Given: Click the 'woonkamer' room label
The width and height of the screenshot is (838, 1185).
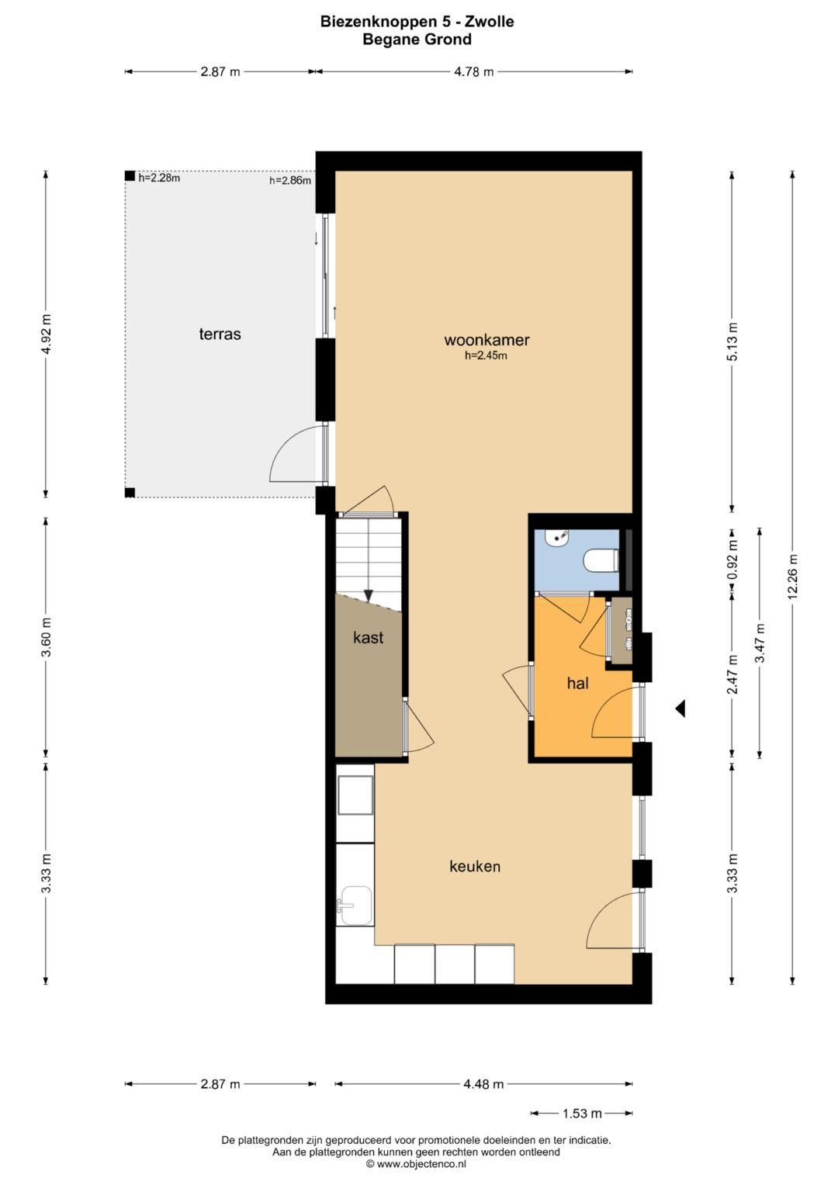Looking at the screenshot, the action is point(487,340).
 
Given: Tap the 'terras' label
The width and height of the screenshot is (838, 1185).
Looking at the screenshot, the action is point(220,334).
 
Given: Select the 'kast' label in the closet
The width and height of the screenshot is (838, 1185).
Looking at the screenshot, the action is point(369,637).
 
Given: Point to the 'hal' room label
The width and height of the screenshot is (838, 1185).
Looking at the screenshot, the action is point(578,683).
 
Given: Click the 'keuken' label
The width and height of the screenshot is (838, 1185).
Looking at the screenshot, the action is point(475,866).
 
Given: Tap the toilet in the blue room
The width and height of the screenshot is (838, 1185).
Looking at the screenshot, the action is point(601,561).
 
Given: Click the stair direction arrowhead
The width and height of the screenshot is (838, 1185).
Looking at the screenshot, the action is point(369,596).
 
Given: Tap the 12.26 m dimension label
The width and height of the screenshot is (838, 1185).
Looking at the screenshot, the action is point(792,577).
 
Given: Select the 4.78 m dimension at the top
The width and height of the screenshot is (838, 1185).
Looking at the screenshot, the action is point(473,72).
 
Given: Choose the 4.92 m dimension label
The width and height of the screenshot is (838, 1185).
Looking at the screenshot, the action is point(47,334).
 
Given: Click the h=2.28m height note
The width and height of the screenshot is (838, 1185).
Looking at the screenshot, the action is point(159,178).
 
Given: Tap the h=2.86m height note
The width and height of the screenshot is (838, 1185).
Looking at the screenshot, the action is point(290,180).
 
